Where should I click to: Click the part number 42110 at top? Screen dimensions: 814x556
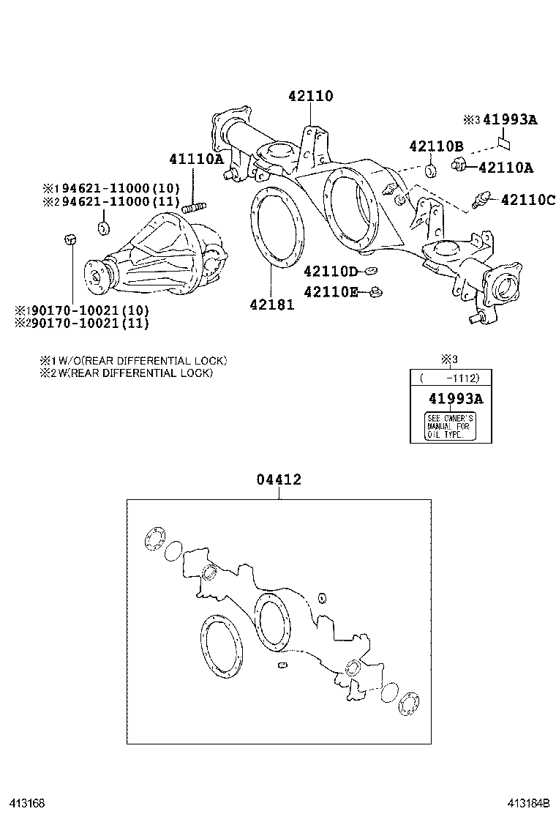click(x=310, y=96)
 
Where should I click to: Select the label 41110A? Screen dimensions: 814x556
click(x=195, y=159)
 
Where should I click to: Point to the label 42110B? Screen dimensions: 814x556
click(x=436, y=145)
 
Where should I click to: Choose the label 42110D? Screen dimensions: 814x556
click(x=331, y=272)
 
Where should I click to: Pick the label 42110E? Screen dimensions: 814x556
click(x=331, y=293)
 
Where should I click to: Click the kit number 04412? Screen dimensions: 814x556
click(x=279, y=480)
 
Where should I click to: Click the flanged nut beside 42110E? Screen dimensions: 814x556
click(x=375, y=293)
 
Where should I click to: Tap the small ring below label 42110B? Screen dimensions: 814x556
click(x=431, y=172)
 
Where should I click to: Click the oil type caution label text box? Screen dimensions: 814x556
click(x=450, y=426)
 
